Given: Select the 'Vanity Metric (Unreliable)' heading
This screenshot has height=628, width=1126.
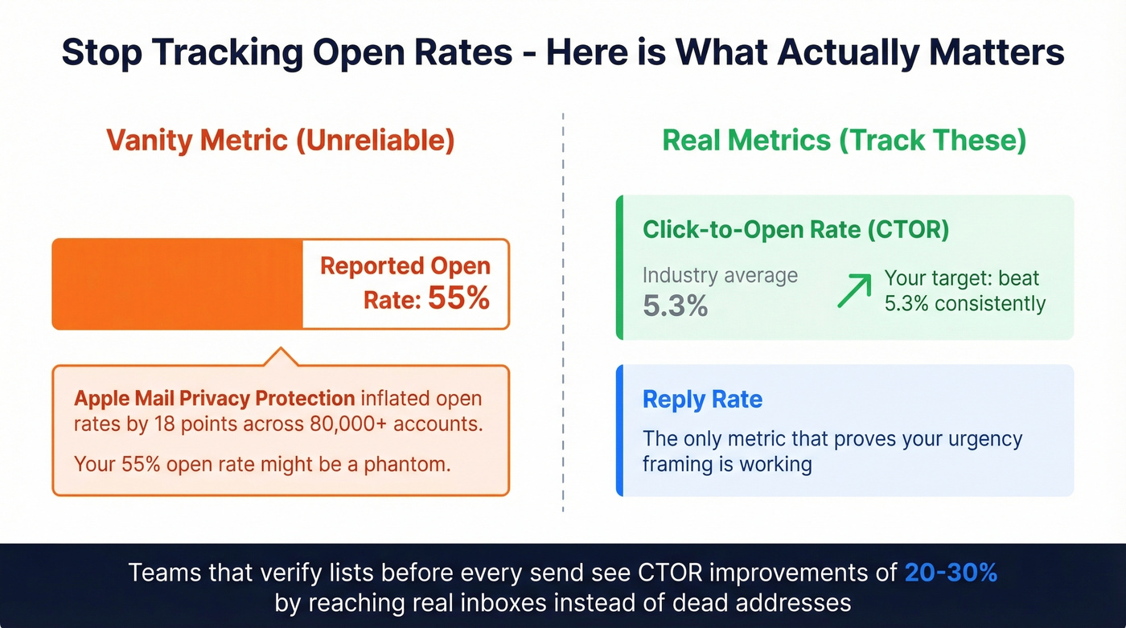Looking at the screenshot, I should (280, 140).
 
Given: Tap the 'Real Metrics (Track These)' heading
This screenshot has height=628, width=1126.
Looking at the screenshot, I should (844, 140).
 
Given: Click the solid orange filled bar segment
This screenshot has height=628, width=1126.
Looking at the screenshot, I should (177, 284).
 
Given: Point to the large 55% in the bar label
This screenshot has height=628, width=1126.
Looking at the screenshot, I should (458, 299).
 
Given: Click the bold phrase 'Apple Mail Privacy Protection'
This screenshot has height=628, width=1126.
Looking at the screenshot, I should (214, 398).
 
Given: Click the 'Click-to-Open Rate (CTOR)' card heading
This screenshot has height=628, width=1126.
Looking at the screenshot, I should (795, 230).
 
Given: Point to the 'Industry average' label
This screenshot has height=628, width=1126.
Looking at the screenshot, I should (720, 275).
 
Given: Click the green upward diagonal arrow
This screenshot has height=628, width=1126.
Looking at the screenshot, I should (854, 290).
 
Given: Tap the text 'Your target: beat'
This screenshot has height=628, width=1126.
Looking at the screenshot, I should (962, 278).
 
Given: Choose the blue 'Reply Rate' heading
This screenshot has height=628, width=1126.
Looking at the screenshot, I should (702, 399).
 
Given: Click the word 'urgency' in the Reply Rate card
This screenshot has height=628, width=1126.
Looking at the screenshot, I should (978, 439).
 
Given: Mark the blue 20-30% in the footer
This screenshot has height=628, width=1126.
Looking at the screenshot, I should (951, 573).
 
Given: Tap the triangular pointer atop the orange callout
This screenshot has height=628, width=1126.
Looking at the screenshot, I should (280, 358).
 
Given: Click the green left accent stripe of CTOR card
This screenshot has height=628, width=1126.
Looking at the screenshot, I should (619, 267).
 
